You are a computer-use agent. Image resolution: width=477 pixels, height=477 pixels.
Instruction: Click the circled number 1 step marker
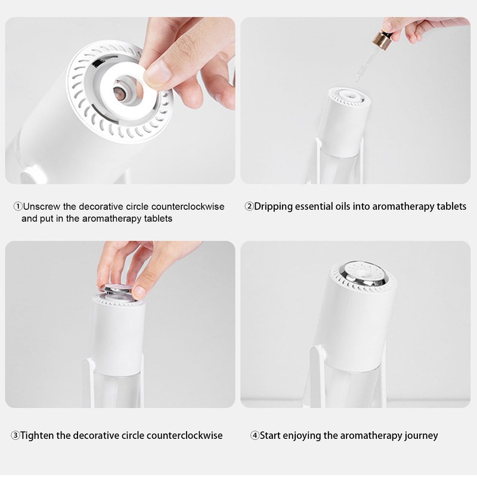click(17, 207)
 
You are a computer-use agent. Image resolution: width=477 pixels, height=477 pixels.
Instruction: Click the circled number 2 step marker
click(249, 207)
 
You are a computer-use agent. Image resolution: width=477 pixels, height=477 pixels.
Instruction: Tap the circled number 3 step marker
click(16, 435)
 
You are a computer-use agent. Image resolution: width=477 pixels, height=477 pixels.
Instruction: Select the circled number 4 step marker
click(255, 435)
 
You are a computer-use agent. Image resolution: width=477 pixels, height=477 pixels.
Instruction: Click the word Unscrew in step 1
click(41, 207)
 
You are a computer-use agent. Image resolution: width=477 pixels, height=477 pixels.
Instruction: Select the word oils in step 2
click(354, 207)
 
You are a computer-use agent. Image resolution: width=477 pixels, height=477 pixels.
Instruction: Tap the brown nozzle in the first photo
click(120, 94)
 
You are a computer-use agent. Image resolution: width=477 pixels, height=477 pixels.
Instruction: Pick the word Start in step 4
click(273, 435)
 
